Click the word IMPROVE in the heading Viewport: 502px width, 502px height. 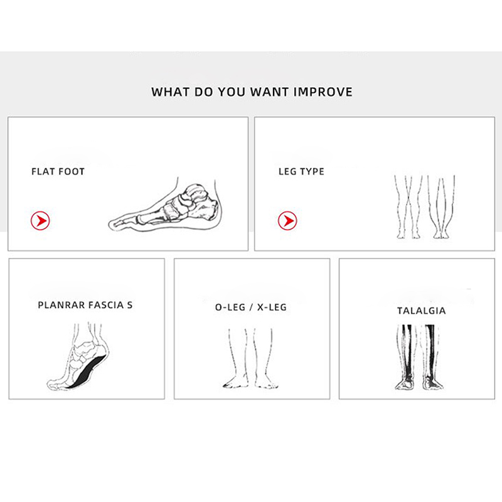click(323, 92)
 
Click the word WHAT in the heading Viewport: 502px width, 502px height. click(170, 92)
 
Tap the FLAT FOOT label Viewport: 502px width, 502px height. click(58, 171)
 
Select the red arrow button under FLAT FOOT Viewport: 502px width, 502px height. click(40, 221)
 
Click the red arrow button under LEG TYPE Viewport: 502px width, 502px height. click(287, 221)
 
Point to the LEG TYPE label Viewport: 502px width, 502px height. click(301, 171)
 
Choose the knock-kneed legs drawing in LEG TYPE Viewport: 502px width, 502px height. click(409, 207)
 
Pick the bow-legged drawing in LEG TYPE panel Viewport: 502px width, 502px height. click(441, 207)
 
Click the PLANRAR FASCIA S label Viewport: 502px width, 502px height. click(85, 305)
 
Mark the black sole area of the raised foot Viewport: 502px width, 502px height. click(87, 372)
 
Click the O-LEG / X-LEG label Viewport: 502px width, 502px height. click(251, 307)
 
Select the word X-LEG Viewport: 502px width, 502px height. click(272, 307)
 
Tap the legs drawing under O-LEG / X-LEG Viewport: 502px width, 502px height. click(250, 358)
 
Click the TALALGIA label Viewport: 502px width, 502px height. click(421, 311)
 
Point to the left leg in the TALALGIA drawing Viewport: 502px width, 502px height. click(406, 357)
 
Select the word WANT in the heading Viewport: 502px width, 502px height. click(270, 92)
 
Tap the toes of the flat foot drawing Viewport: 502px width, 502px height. click(119, 223)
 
